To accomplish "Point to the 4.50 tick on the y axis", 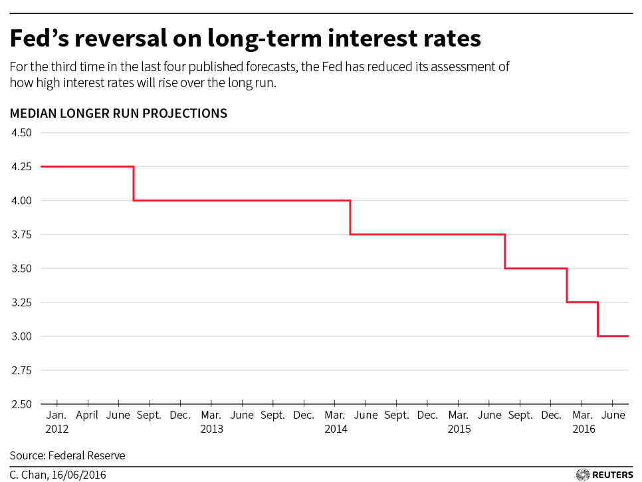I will [22, 132].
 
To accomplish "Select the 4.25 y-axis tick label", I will [22, 166].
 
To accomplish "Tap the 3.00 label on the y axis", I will [22, 336].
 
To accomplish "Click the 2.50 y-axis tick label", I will [22, 404].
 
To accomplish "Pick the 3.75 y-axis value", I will [22, 235].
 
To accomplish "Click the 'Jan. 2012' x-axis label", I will [57, 422].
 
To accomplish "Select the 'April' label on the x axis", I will [87, 416].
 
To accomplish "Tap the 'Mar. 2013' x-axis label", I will [211, 422].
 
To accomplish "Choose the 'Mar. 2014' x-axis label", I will [335, 422].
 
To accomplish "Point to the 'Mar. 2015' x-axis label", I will [459, 422].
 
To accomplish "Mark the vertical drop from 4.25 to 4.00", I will [134, 183].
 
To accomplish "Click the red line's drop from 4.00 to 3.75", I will [350, 217].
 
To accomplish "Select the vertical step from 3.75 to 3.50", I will [505, 251].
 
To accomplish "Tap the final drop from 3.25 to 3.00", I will [597, 319].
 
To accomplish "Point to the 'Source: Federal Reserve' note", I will [67, 455].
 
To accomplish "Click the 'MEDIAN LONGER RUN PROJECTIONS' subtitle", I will [118, 114].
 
